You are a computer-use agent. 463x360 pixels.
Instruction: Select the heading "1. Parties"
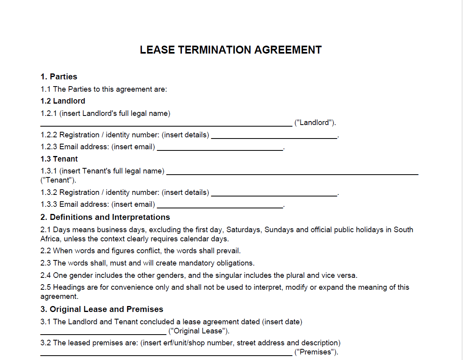(59, 77)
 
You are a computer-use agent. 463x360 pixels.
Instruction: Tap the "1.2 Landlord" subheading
(63, 101)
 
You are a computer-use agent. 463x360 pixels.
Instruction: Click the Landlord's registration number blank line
(274, 138)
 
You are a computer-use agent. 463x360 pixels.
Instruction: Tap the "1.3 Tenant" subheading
(59, 159)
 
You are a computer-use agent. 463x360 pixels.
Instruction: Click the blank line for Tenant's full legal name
(292, 174)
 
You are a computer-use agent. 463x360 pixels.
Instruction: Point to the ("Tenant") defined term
(58, 180)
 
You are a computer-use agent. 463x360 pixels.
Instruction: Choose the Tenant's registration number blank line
(274, 195)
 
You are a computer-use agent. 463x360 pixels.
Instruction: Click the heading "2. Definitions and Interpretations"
(105, 217)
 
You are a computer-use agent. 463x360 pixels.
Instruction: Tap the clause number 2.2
(46, 251)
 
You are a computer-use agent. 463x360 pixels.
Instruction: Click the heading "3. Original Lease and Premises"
(102, 309)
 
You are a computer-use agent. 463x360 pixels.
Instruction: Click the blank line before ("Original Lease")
(103, 334)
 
